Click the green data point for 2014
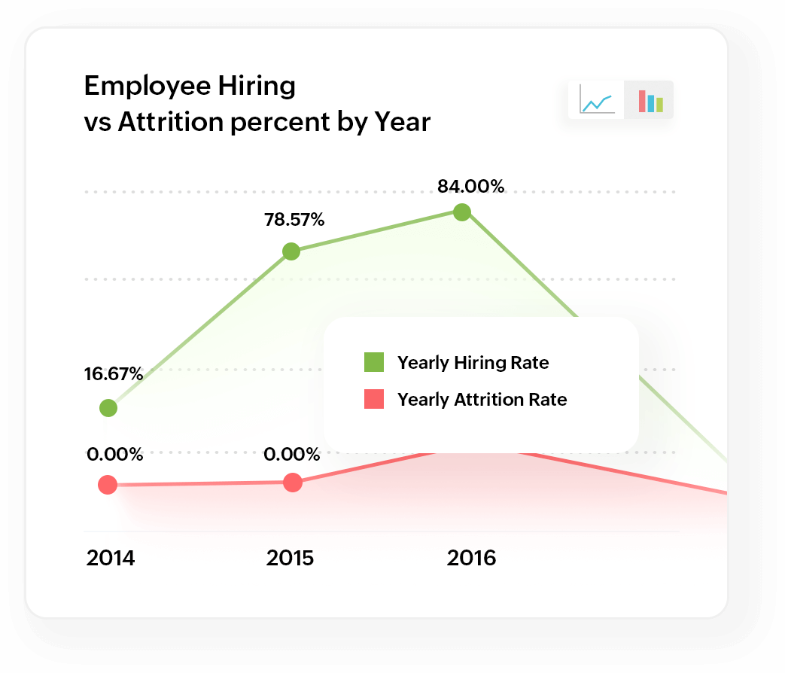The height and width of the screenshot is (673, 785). tap(108, 408)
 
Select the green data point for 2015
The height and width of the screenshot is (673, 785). tap(291, 251)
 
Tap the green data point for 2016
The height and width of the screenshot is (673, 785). tap(462, 212)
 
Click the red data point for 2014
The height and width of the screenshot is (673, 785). tap(108, 485)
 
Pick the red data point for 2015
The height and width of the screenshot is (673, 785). tap(293, 483)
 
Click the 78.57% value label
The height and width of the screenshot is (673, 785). tap(294, 220)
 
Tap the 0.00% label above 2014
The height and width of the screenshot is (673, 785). tap(114, 454)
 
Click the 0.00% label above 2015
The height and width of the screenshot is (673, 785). tap(292, 454)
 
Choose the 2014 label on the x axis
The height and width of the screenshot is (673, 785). tap(110, 559)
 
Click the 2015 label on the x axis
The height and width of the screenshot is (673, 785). tap(290, 559)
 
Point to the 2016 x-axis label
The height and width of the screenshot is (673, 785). tap(471, 559)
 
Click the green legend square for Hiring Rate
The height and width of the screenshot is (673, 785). tap(374, 362)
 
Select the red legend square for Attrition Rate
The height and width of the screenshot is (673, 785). tap(374, 399)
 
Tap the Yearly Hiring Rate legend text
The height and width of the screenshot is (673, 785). tap(473, 363)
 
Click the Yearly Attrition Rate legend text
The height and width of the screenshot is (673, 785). tap(482, 400)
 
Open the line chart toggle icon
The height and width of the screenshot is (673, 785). tap(597, 100)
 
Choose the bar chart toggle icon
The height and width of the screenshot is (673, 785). tap(650, 100)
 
